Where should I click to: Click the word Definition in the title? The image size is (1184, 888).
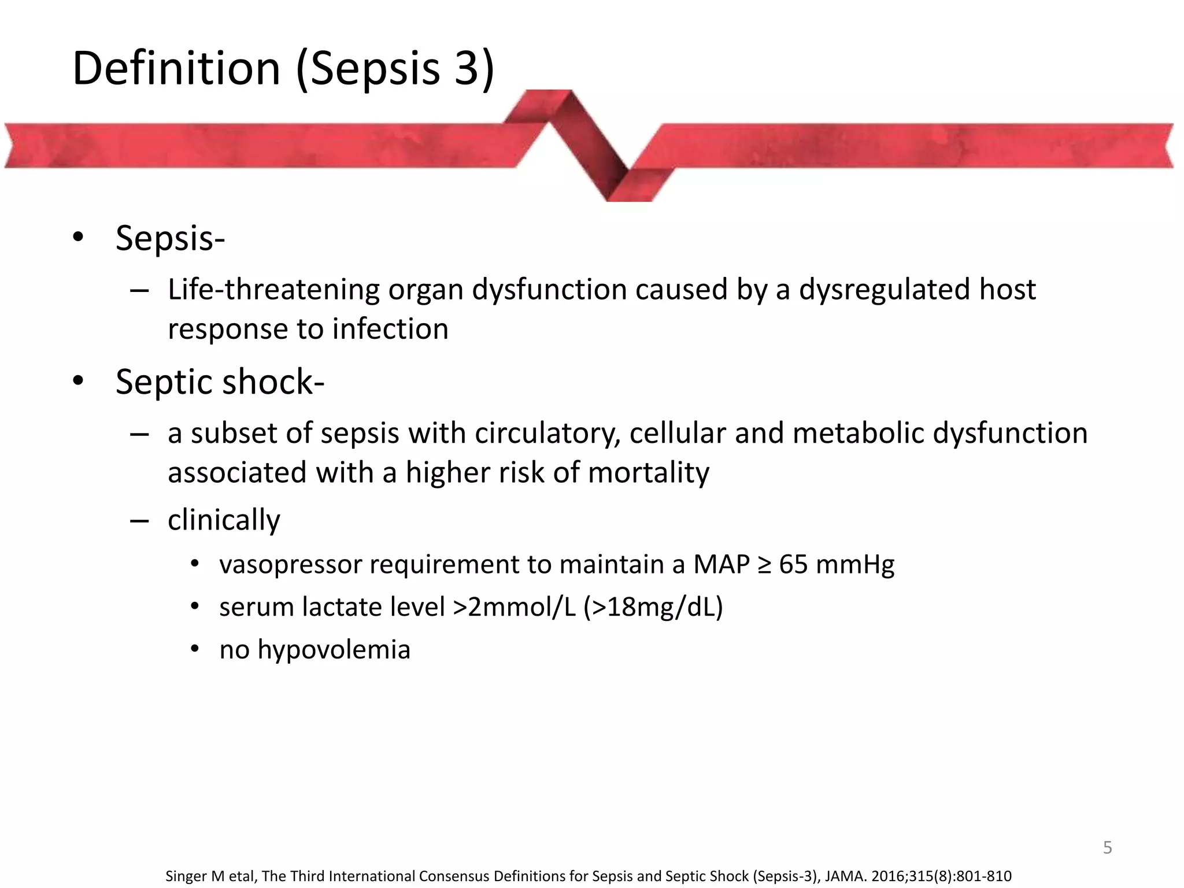pos(176,68)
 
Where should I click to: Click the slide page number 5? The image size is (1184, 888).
pos(1108,848)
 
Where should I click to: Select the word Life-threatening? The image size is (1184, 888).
pos(273,290)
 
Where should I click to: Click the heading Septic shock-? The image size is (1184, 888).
pos(220,382)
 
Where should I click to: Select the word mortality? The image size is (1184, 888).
pos(648,473)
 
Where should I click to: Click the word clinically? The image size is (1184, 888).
pos(224,520)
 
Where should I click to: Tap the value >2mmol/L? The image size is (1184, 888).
pos(515,607)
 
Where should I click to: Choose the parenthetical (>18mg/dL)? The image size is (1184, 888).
pos(653,607)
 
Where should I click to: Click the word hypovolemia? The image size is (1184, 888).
pos(334,650)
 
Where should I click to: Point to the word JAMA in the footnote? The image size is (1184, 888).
pos(845,876)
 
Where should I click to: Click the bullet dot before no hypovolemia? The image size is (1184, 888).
pos(195,650)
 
